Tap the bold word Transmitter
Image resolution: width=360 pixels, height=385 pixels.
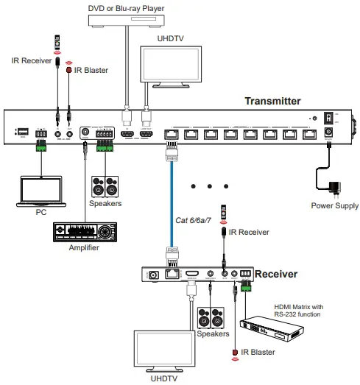tap(272, 102)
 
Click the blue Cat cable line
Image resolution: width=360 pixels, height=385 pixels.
tap(170, 206)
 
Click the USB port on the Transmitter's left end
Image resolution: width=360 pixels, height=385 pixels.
tap(22, 132)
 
